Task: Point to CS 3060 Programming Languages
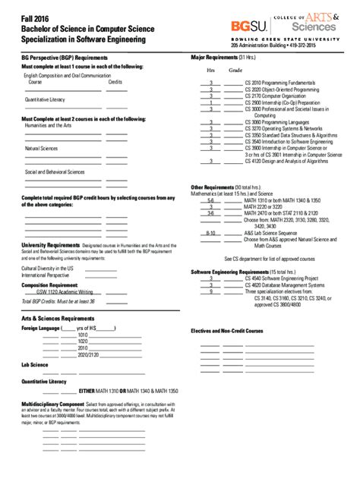[x=277, y=122]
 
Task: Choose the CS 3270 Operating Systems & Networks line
[x=283, y=129]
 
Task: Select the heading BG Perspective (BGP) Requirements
[x=64, y=58]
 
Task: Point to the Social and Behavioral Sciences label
[x=56, y=171]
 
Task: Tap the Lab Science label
[x=34, y=364]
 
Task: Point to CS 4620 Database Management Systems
[x=286, y=285]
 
